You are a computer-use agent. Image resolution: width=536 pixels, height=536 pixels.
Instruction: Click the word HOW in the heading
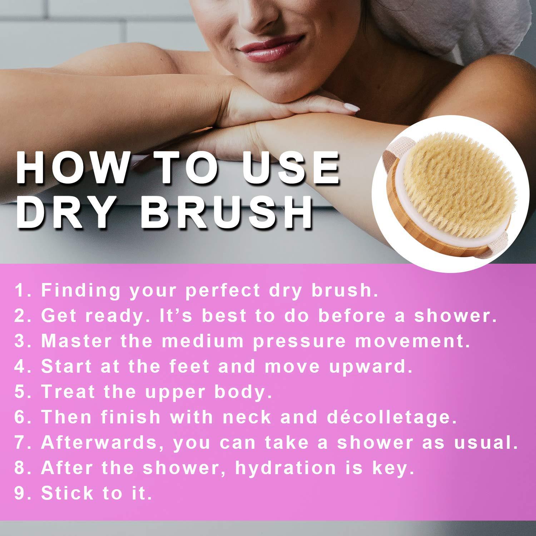tap(72, 168)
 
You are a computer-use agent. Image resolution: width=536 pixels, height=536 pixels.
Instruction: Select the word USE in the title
tap(290, 168)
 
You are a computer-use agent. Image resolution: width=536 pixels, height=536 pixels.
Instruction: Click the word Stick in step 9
tap(67, 493)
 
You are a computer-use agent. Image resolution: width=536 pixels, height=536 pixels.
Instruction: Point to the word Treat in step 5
tap(69, 392)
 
